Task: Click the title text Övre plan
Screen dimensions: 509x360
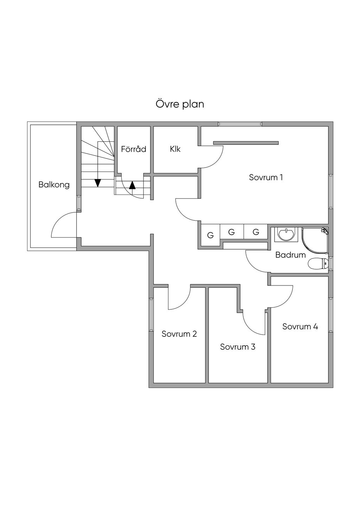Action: coord(180,104)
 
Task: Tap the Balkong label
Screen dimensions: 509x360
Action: coord(54,185)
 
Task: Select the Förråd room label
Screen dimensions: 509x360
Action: coord(134,149)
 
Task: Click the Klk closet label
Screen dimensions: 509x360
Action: coord(175,149)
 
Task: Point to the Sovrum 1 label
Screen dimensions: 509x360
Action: coord(266,177)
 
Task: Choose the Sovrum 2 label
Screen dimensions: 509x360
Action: coord(179,334)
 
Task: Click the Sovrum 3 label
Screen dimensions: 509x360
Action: coord(238,347)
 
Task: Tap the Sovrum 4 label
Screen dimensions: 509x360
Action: coord(300,327)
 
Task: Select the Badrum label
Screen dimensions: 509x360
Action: coord(290,255)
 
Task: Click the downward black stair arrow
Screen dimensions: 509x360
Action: coord(98,183)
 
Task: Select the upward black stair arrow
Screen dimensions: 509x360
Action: coord(132,185)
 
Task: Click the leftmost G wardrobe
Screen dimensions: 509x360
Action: coord(210,235)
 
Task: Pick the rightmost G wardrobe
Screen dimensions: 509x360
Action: coord(256,232)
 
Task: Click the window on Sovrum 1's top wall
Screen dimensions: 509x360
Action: coord(240,124)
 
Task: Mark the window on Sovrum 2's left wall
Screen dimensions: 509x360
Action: coord(151,315)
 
